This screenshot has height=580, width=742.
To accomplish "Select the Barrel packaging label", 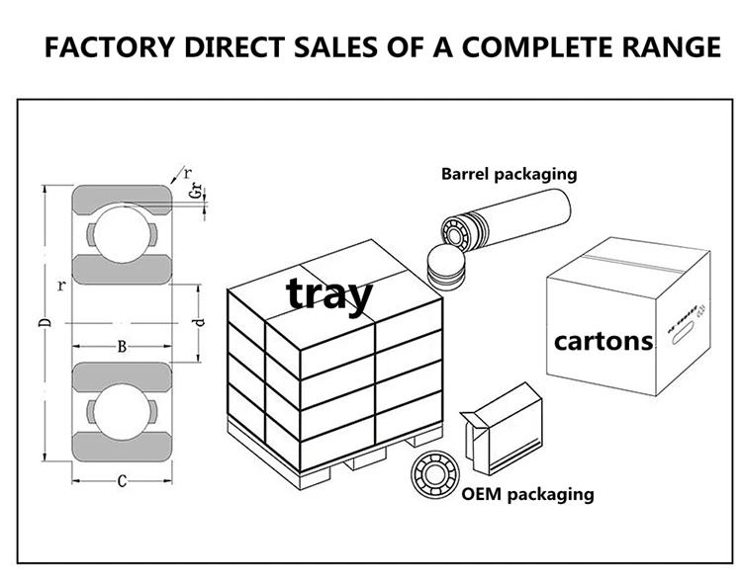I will pyautogui.click(x=509, y=174).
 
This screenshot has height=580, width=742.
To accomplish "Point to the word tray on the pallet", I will pyautogui.click(x=329, y=293).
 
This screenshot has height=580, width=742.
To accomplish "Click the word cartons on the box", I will pyautogui.click(x=603, y=342).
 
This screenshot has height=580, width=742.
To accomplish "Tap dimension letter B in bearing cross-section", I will pyautogui.click(x=121, y=346).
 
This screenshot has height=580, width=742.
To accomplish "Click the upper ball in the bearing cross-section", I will pyautogui.click(x=120, y=235).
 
